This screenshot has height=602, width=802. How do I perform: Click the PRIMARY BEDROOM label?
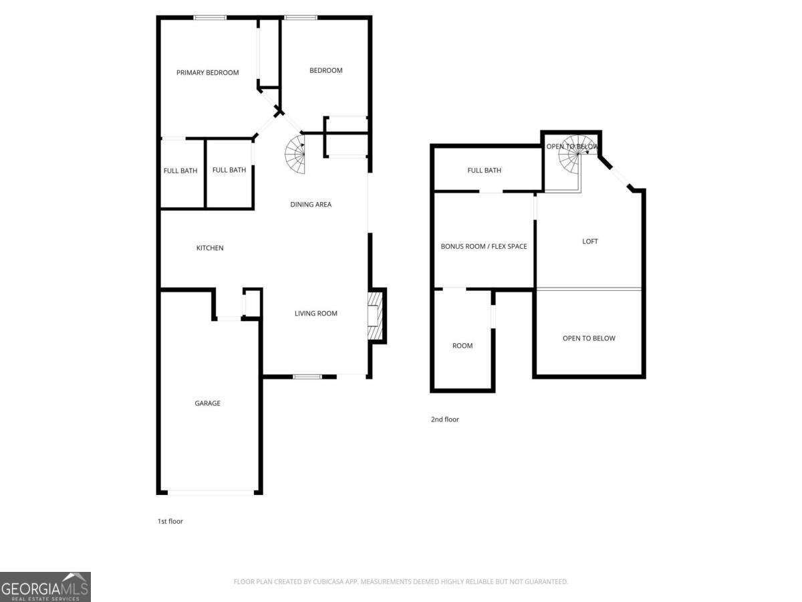(x=207, y=73)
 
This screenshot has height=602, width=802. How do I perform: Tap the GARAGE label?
(x=207, y=403)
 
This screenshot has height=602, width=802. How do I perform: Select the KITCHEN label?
(x=209, y=248)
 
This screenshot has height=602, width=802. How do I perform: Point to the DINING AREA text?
(x=310, y=205)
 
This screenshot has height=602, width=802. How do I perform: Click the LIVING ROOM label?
(x=315, y=314)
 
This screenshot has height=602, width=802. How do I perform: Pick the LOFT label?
(x=589, y=241)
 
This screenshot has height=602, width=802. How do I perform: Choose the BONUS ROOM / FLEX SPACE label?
(x=483, y=247)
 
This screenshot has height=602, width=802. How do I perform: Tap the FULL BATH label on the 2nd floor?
(x=484, y=171)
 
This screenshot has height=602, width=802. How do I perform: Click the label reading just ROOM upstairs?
(x=462, y=346)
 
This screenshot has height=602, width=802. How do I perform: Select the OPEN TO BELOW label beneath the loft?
(x=588, y=338)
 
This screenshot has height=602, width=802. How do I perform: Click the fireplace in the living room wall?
(x=374, y=316)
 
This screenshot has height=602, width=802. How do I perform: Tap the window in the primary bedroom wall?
(x=210, y=17)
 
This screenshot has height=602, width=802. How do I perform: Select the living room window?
(x=307, y=377)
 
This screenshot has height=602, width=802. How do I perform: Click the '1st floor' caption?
(x=170, y=521)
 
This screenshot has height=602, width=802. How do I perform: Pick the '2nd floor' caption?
(x=444, y=419)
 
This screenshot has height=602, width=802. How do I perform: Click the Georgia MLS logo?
(x=45, y=587)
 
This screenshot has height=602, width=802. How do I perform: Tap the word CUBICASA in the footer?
(x=331, y=582)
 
